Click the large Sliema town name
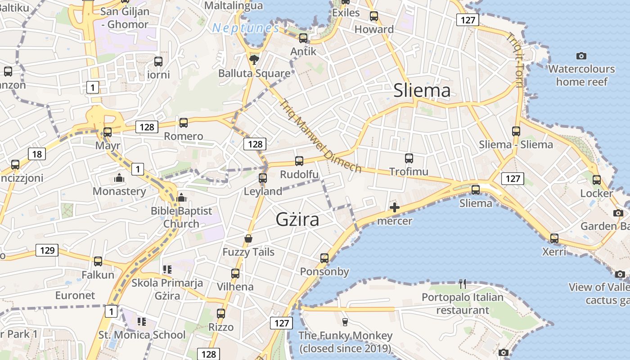422,90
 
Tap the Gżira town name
297,220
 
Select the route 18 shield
37,154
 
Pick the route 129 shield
47,250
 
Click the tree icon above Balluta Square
254,59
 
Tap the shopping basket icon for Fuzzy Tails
248,238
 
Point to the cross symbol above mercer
395,207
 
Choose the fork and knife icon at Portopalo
462,283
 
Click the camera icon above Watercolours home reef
581,56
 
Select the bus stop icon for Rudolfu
299,161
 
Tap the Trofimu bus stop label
409,171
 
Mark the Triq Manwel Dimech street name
320,136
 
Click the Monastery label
119,191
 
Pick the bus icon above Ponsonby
324,258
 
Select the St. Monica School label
142,335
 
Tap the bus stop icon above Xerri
554,238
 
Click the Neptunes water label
246,28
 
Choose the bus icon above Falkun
98,261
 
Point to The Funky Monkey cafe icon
345,322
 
